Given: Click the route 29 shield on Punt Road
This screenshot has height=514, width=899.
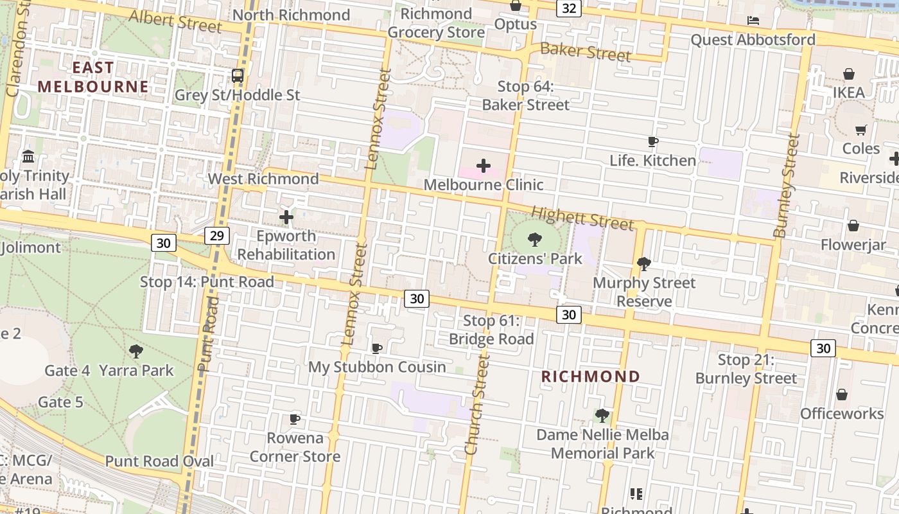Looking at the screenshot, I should [x=217, y=236].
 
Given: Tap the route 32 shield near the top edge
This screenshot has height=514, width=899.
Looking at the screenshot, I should [x=569, y=8].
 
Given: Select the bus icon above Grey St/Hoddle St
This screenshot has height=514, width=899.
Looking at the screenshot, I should [x=238, y=76].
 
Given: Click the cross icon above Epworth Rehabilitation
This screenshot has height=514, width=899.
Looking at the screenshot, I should [x=286, y=217].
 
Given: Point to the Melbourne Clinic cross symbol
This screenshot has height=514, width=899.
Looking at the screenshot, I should [x=484, y=166].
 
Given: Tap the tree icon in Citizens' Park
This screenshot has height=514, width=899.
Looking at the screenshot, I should [x=534, y=240].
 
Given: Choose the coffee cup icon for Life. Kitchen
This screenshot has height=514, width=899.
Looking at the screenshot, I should [x=653, y=142].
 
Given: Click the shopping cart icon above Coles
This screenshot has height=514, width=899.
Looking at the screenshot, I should [x=861, y=130].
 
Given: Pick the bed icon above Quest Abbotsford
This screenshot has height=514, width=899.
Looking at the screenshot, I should [x=753, y=21].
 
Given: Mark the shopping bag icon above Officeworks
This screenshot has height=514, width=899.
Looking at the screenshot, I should [x=842, y=394].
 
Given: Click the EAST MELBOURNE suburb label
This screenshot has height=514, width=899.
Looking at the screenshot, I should [x=93, y=77].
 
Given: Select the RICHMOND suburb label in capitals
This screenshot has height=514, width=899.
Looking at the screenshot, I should [x=591, y=377].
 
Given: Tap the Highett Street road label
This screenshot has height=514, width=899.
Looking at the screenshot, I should [x=582, y=217].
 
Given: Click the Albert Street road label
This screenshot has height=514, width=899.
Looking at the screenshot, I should [x=175, y=21].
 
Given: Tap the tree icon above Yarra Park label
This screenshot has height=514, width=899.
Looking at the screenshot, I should [x=135, y=351].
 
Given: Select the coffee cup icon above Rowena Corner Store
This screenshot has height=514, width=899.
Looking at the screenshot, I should [x=295, y=420].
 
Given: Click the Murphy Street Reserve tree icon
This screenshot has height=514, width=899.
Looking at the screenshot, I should [x=643, y=264].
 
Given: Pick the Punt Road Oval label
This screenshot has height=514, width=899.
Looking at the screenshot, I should [x=159, y=461].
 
